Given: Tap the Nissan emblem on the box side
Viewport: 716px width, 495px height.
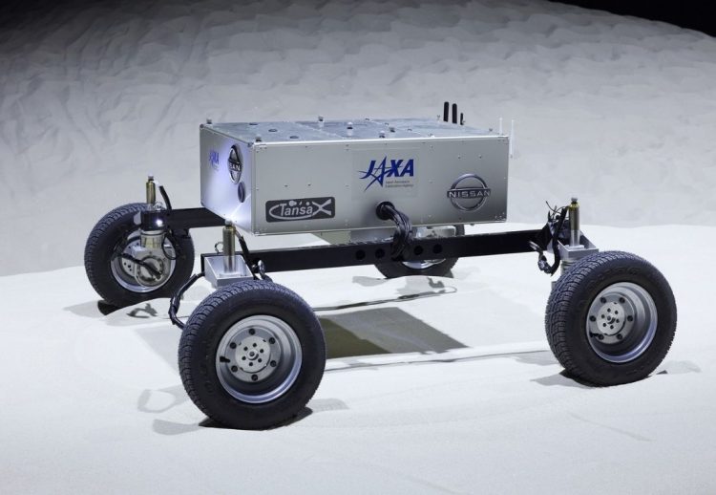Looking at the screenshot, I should [468, 192].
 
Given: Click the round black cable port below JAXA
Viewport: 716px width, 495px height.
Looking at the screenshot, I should [387, 212].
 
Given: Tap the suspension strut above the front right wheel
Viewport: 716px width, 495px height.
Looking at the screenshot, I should [574, 222].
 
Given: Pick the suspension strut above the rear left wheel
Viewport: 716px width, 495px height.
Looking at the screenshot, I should [151, 190].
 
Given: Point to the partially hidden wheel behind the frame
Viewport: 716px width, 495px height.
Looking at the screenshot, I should [420, 267].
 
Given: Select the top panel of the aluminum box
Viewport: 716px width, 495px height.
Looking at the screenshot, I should [353, 128].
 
